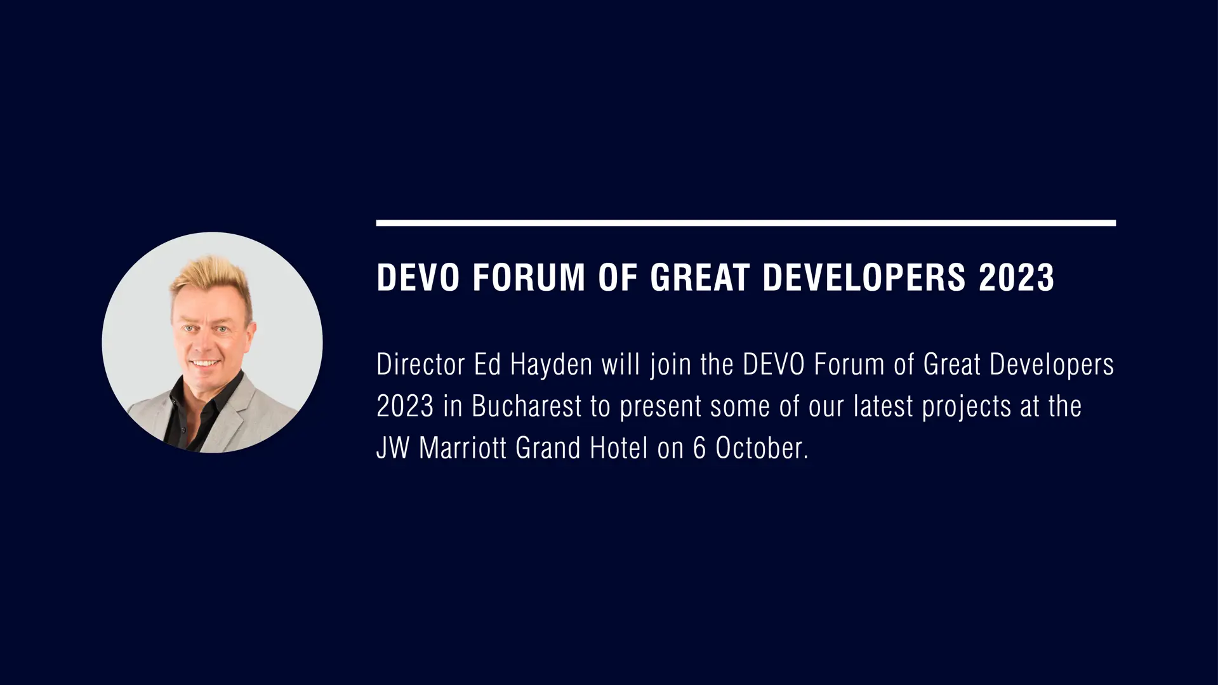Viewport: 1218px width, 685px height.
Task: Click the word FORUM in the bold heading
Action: pos(528,277)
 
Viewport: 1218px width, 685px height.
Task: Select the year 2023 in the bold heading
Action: pos(1016,277)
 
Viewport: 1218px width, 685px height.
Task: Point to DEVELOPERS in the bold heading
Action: pos(864,277)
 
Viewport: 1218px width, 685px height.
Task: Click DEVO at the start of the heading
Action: pos(418,277)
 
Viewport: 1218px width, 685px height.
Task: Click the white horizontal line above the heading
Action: pos(746,223)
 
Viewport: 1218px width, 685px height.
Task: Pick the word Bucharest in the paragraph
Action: pos(526,406)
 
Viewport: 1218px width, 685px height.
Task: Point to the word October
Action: pos(762,448)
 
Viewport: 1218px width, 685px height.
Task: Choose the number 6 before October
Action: pos(699,448)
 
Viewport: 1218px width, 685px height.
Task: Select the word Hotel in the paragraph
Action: pos(619,448)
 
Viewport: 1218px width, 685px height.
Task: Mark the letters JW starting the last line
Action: pos(393,448)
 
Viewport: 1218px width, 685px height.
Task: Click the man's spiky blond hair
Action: pos(209,279)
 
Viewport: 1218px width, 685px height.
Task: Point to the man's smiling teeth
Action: pos(204,364)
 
